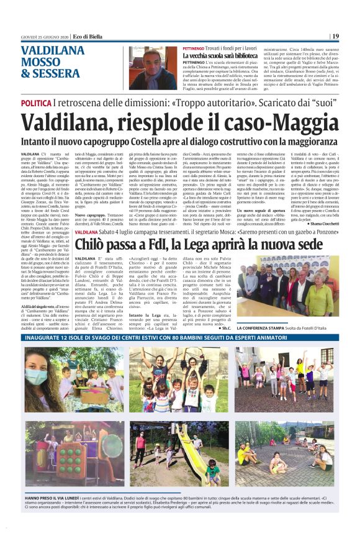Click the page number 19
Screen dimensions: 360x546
coord(335,36)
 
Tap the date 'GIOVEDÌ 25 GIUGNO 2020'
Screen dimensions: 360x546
coord(40,37)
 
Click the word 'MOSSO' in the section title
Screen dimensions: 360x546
coord(41,63)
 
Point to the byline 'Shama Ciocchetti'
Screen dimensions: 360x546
coord(323,240)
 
